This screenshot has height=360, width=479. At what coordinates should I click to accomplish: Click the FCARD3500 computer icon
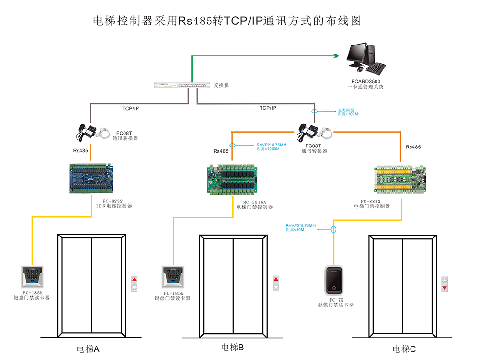coord(365,56)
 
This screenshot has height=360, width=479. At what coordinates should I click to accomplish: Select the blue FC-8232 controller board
coord(91,179)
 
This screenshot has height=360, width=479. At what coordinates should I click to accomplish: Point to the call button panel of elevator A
coord(134,283)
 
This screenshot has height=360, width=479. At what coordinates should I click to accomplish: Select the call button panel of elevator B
coord(275,283)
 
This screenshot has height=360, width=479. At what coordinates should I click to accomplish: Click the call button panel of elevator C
coord(445,283)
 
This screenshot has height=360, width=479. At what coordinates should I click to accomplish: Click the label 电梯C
coord(405,349)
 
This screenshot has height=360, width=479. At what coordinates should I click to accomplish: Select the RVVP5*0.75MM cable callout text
coord(300,227)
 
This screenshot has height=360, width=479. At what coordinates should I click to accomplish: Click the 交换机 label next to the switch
coord(221,85)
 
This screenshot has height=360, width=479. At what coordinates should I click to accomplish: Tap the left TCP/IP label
coord(131,109)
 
